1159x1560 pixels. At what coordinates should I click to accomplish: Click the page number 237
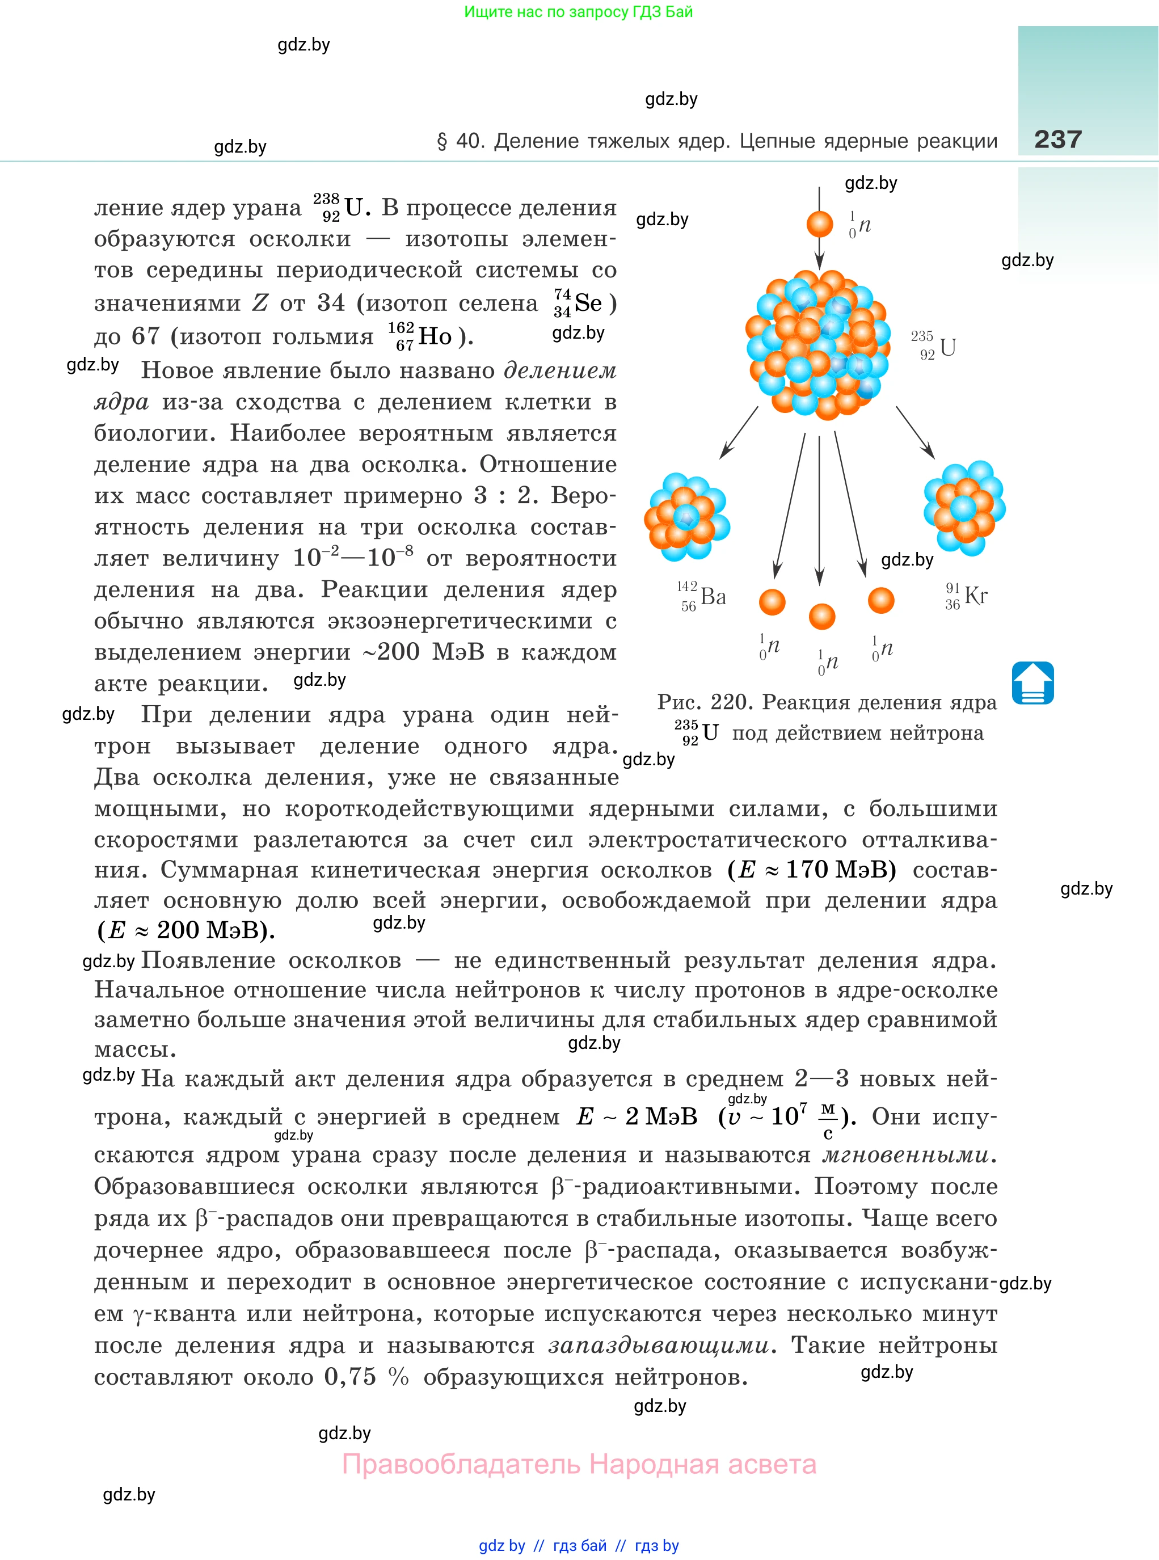click(1057, 139)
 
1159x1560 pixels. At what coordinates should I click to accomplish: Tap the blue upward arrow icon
click(1032, 682)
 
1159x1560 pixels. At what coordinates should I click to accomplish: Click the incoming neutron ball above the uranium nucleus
click(819, 224)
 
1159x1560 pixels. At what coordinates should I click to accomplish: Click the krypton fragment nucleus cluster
click(964, 507)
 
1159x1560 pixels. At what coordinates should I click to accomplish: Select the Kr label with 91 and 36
click(966, 596)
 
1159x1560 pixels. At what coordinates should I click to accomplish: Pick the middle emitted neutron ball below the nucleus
click(821, 617)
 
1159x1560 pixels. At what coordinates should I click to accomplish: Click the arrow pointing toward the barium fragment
click(739, 433)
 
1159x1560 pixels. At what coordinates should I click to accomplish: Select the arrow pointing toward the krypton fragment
click(915, 433)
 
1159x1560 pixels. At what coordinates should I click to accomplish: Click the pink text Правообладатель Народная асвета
click(579, 1465)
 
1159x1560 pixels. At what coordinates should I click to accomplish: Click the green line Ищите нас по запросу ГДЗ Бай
click(578, 12)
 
